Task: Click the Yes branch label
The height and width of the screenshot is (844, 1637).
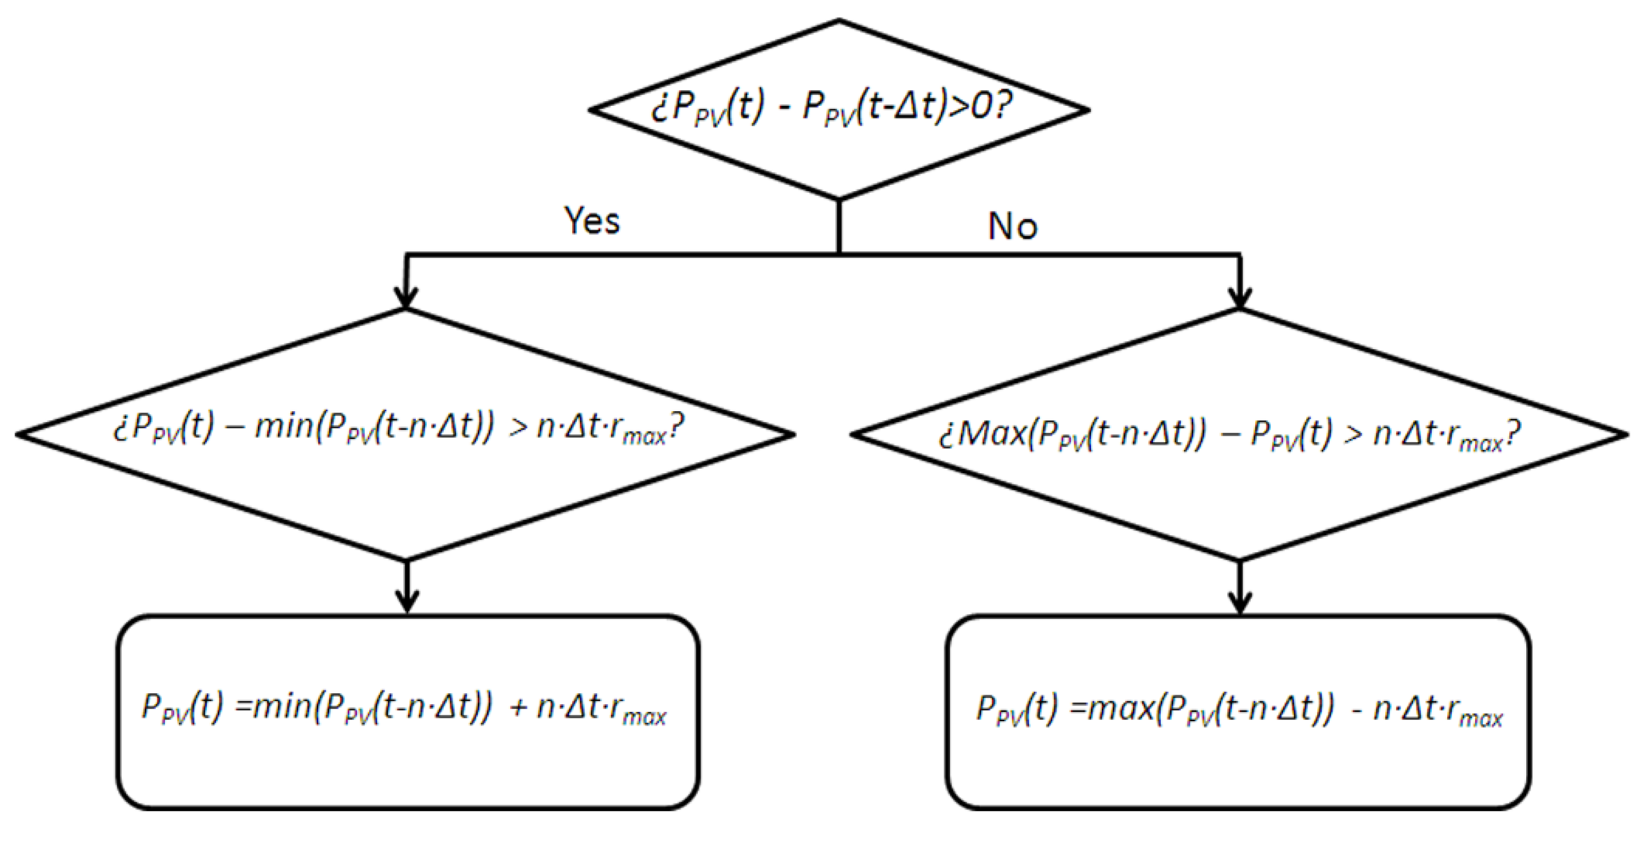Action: click(x=592, y=221)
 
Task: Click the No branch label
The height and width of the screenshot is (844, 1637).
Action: click(x=1013, y=226)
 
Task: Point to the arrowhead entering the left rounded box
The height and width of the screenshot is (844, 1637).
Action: click(x=407, y=601)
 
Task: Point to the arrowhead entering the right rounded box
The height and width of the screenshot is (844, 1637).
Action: click(x=1240, y=601)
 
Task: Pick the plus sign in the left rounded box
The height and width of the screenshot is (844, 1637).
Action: click(x=519, y=708)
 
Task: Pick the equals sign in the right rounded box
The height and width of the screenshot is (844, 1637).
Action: click(x=1078, y=708)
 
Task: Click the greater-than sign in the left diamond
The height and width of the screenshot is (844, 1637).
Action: click(x=519, y=428)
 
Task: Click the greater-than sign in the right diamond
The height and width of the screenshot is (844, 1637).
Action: click(x=1353, y=435)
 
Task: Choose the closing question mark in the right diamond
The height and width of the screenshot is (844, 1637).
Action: click(x=1513, y=435)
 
